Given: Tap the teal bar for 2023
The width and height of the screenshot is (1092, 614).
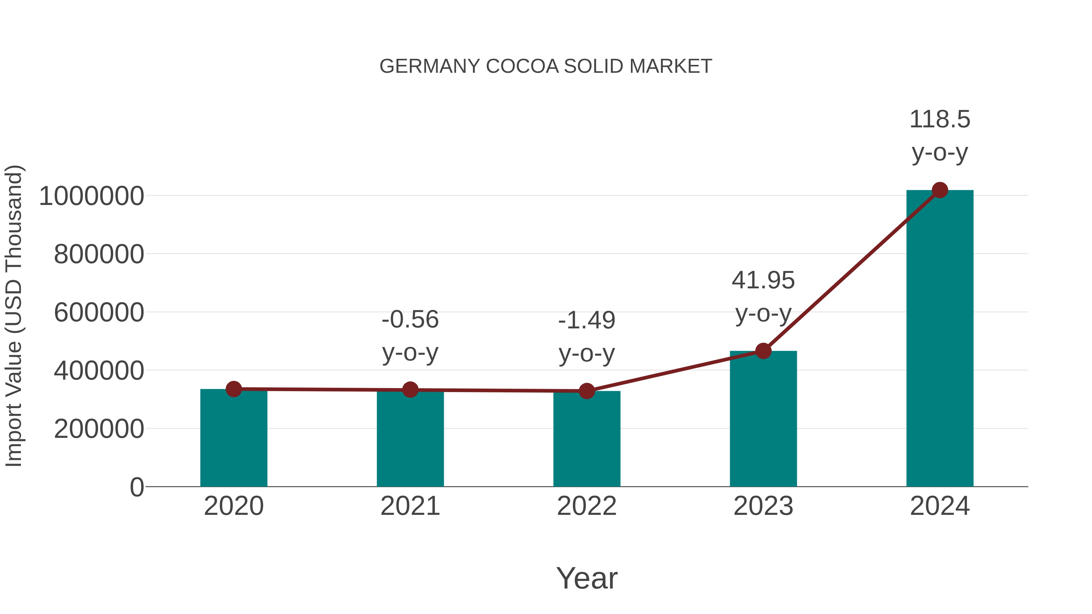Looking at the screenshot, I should tap(763, 420).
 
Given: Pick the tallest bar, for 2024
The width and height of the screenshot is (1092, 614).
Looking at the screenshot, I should tap(940, 339).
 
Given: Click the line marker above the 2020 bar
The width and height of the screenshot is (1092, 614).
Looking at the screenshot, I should tap(234, 389).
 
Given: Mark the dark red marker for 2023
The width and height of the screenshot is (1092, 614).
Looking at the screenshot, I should tap(763, 351).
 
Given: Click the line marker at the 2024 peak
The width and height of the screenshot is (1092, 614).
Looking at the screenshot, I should tap(940, 190).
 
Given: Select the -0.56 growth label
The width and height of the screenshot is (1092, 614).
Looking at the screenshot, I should tap(410, 320).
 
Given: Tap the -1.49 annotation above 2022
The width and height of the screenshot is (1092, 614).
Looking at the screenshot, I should tap(587, 320).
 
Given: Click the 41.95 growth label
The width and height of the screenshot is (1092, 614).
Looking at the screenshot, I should tap(763, 280).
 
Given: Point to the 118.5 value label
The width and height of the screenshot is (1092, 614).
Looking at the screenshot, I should tap(940, 119).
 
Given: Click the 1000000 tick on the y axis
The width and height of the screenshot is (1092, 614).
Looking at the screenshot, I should tap(91, 196).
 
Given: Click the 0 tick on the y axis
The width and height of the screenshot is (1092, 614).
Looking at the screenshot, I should tap(136, 487).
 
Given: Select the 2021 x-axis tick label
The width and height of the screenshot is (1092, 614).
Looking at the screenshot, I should tap(410, 506).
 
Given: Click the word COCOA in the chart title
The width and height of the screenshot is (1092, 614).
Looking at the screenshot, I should tap(522, 66).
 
